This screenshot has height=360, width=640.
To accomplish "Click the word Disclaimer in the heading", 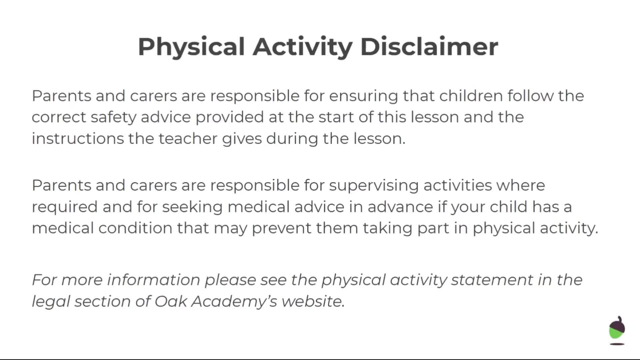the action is pos(429,46).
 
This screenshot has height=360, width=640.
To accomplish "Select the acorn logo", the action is pos(617,330).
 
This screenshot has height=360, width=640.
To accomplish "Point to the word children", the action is pos(471,96).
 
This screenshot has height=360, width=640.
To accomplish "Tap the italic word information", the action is pos(154,280).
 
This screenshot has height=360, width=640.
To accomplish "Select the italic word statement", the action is pos(492,280).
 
